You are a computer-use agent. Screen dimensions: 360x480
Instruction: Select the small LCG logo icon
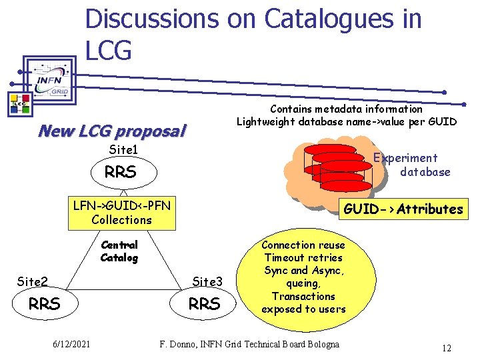18,103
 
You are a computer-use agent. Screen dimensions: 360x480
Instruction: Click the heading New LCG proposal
112,131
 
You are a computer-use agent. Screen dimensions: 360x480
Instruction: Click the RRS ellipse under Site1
121,173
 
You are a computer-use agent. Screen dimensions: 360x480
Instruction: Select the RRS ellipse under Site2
45,304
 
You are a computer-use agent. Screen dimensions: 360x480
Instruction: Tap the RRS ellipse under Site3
204,304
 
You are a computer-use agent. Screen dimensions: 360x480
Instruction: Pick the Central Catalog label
119,251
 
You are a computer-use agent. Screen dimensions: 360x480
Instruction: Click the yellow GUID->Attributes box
403,209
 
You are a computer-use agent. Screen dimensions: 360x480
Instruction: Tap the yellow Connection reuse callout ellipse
303,277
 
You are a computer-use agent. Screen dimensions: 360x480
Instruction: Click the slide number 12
447,347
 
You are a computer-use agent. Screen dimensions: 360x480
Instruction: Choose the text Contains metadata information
346,109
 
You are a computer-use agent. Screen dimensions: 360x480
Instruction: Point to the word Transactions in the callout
303,296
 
